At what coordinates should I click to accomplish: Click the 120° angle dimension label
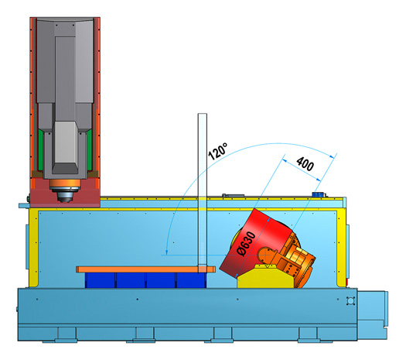pos(218,151)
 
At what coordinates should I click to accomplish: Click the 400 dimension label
pos(305,163)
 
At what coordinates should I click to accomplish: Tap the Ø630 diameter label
pos(246,244)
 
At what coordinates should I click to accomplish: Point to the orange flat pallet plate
pos(145,269)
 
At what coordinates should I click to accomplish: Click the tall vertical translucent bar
pos(202,192)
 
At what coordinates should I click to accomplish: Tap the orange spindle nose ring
pos(65,183)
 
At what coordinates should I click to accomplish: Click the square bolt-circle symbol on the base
pos(350,301)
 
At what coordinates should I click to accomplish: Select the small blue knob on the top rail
pos(318,194)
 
